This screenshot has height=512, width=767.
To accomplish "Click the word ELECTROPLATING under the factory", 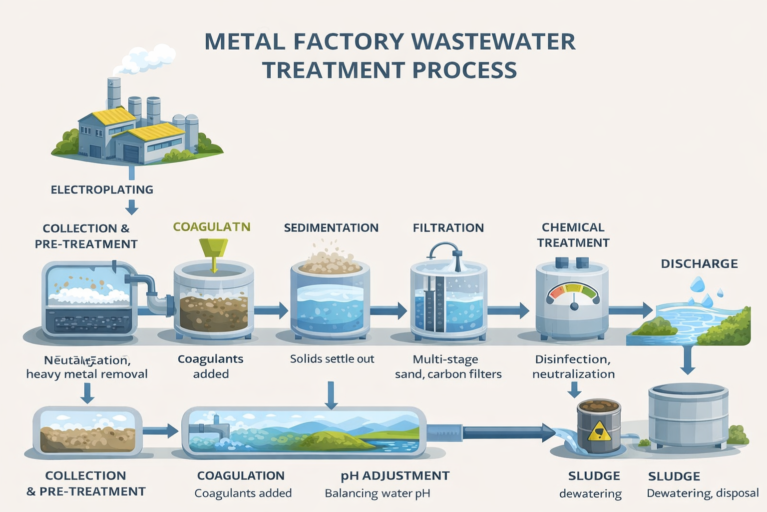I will click(102, 190).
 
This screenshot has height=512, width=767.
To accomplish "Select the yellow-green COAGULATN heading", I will click(212, 227).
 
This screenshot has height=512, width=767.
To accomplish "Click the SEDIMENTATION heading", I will click(331, 228).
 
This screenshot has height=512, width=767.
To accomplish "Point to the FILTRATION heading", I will click(448, 228).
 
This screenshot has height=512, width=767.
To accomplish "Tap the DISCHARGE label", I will click(699, 264).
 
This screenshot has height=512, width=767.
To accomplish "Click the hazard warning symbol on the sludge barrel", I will click(599, 431).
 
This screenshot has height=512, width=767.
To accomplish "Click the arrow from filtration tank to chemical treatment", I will click(508, 310).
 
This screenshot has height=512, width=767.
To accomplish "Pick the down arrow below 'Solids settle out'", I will click(331, 395).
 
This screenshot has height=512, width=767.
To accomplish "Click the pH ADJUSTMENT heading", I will click(395, 476).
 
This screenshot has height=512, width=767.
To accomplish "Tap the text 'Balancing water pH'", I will click(377, 493).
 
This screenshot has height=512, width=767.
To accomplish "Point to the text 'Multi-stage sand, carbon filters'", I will click(448, 366).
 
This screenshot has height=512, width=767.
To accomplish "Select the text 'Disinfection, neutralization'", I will click(573, 366).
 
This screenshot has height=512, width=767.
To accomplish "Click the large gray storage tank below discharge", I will click(688, 415).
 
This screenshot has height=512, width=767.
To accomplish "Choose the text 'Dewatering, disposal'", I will click(703, 493).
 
